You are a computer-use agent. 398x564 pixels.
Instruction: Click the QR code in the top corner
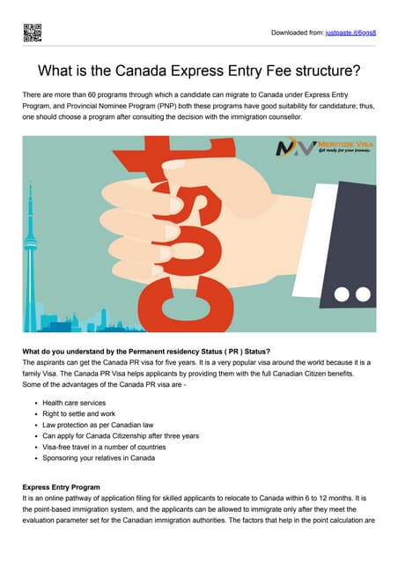(32, 33)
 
